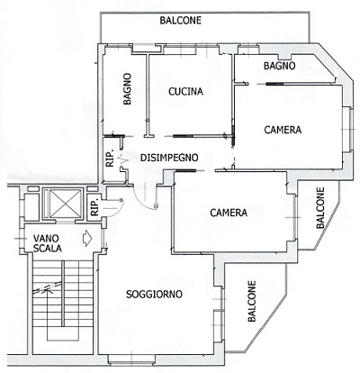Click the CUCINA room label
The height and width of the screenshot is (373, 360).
(185, 91)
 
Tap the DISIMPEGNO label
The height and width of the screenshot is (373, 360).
(169, 158)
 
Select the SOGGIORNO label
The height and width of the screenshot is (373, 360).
(154, 294)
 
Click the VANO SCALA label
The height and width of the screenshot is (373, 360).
(48, 243)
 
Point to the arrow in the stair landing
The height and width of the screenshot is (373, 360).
(87, 238)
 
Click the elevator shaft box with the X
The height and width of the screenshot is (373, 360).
(63, 203)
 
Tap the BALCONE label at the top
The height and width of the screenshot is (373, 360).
(181, 21)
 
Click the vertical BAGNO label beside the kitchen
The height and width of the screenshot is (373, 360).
(128, 89)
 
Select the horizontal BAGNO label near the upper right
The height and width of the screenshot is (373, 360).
(280, 66)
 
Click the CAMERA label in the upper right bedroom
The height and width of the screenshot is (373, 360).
(283, 130)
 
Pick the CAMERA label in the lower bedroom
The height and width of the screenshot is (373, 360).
(229, 213)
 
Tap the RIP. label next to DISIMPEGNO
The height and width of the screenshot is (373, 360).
(110, 159)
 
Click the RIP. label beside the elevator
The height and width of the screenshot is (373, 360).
(94, 207)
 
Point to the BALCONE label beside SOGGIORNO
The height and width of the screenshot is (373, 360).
(252, 301)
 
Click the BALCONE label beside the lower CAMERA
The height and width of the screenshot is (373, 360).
(320, 208)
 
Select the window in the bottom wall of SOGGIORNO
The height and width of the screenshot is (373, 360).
(132, 359)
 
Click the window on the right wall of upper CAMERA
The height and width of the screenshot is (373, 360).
(349, 130)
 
